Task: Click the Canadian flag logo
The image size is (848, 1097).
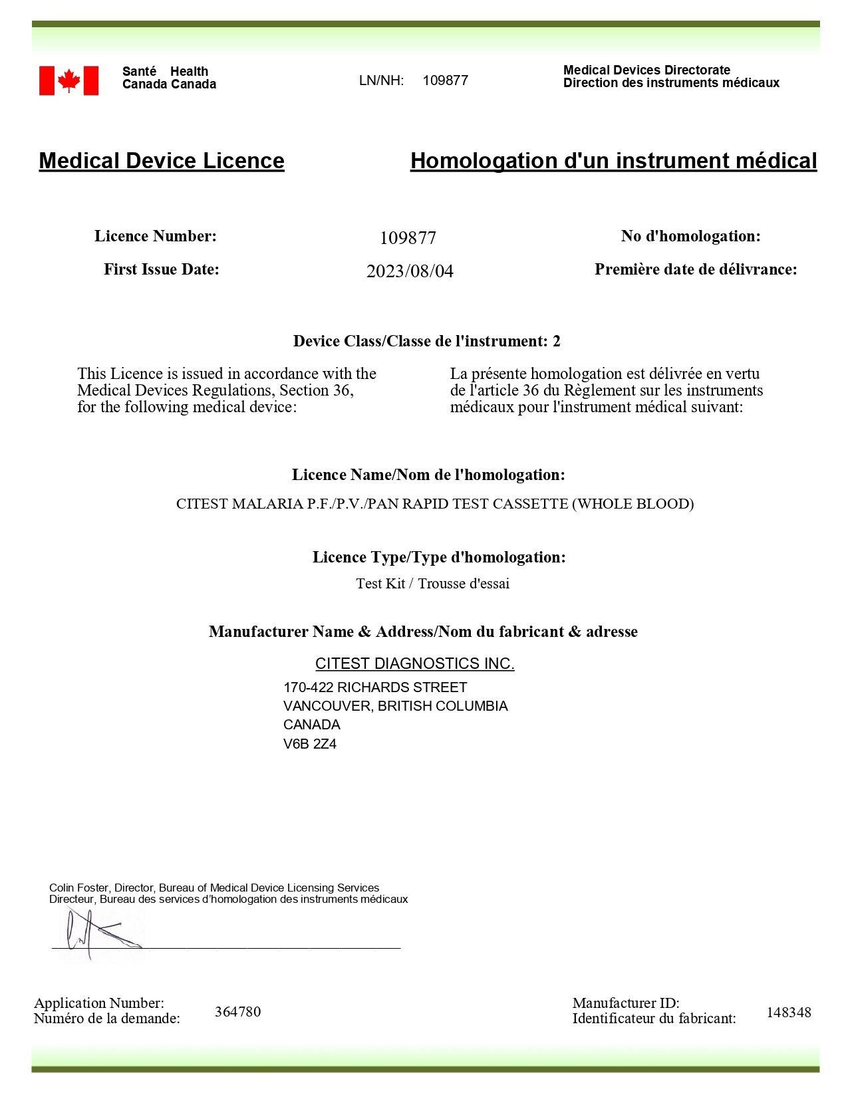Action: point(69,80)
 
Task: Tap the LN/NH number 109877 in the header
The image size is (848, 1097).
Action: point(445,80)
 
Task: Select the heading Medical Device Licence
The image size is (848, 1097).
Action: point(162,161)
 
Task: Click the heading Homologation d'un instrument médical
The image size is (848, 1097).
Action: point(613,161)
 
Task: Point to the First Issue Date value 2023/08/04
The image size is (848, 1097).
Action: point(410,271)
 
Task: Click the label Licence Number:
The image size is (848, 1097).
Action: point(156,236)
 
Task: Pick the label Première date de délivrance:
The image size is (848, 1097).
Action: point(696,269)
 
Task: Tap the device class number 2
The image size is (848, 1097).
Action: point(556,341)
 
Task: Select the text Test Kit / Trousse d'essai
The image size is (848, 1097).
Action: point(433,584)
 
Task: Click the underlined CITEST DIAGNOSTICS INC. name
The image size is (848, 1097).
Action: point(414,664)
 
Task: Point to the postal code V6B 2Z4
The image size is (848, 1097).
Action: point(310,744)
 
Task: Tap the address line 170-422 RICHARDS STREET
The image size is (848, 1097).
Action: point(375,687)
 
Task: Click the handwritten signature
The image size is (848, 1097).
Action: point(100,932)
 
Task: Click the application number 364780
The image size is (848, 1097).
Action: point(237,1012)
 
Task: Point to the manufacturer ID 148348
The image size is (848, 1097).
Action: point(789,1013)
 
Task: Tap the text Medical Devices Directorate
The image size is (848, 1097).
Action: point(646,70)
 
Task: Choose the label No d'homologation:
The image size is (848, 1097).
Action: point(690,236)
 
